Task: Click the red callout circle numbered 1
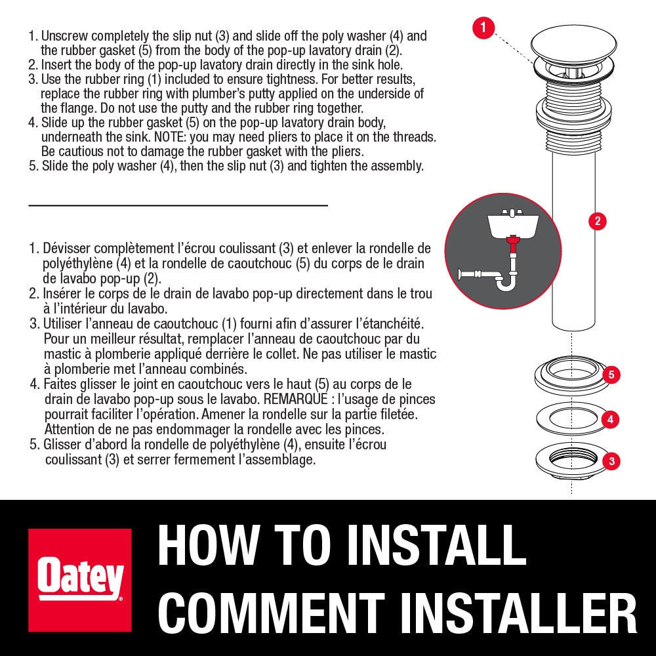click(x=483, y=28)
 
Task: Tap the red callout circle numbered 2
click(x=598, y=221)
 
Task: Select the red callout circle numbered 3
click(x=611, y=461)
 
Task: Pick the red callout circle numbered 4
click(x=610, y=419)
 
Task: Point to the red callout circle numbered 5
click(x=611, y=375)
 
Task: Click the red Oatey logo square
click(x=80, y=580)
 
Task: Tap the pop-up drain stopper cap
click(x=573, y=45)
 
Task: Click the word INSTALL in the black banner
click(x=436, y=546)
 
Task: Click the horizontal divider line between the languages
click(x=178, y=205)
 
